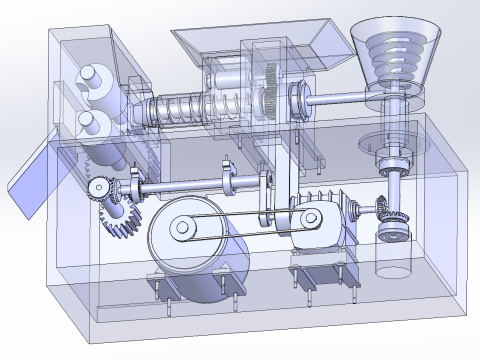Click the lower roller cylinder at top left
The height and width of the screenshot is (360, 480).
(x=88, y=122)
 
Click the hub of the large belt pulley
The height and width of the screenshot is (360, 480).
(x=183, y=229)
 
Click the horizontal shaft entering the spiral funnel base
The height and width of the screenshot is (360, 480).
(x=335, y=99)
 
